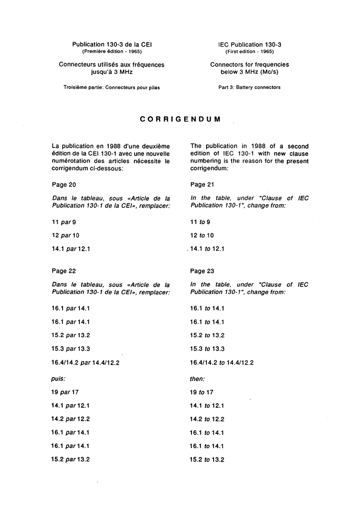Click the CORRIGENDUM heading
click(180, 119)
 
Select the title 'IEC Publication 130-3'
click(249, 44)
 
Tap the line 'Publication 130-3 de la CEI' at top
click(112, 44)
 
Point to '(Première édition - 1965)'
click(112, 52)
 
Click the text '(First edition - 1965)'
click(249, 52)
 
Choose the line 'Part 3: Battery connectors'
click(249, 87)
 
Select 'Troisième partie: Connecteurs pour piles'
click(112, 88)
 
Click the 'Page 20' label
click(64, 185)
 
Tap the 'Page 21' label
click(202, 185)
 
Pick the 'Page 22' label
click(64, 271)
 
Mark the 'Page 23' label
click(202, 271)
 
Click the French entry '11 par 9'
click(64, 222)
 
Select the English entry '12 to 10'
click(202, 235)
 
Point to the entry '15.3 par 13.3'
click(70, 349)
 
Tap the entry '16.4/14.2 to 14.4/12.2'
click(222, 362)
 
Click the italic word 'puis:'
click(58, 379)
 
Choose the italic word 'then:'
click(197, 379)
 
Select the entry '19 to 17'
click(201, 392)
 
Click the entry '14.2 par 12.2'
click(70, 419)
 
